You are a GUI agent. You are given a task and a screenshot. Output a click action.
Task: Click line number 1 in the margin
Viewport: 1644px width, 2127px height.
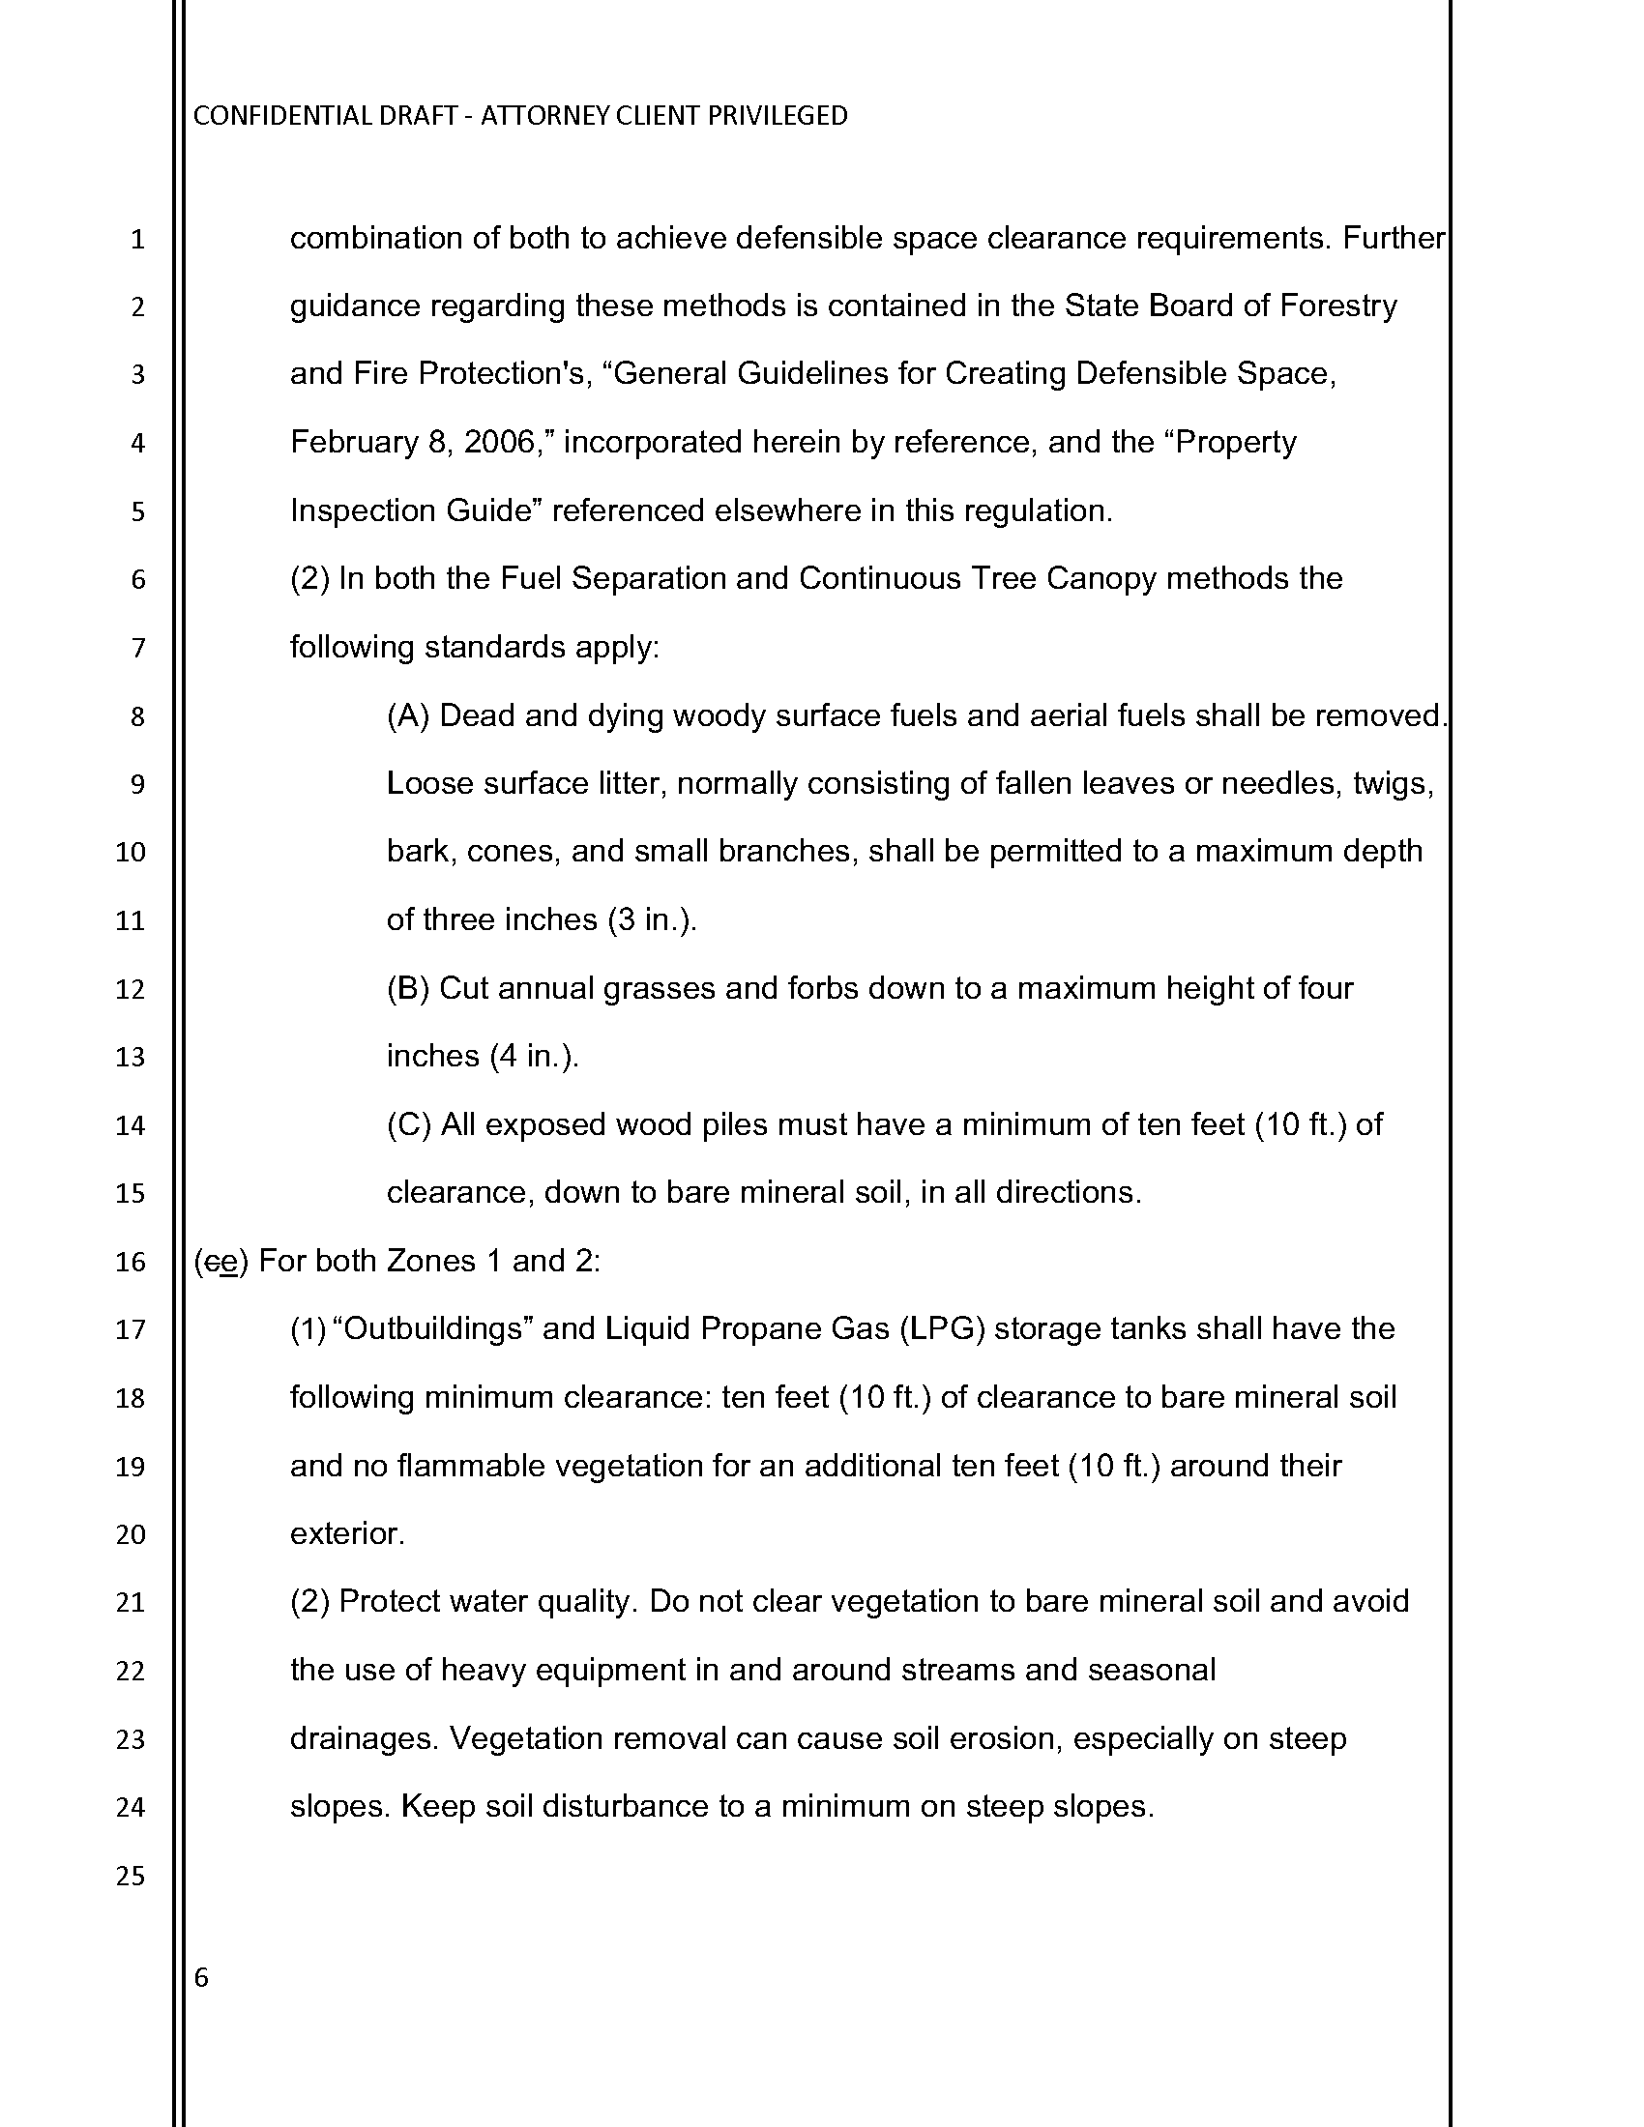point(136,240)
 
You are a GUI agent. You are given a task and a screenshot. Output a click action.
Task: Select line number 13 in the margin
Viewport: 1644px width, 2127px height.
point(131,1058)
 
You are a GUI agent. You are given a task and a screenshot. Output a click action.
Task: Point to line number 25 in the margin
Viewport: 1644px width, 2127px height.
point(131,1876)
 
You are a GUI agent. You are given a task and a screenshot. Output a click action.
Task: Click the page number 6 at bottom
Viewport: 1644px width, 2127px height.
point(201,1977)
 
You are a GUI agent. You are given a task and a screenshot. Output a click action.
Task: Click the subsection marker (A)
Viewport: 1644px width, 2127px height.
point(408,716)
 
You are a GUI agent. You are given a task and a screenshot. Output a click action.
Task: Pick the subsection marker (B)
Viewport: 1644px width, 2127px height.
point(408,989)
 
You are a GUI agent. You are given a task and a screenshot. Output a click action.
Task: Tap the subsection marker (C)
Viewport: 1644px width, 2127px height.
point(409,1125)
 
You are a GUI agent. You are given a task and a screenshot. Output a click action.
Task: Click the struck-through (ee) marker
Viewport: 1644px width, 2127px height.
point(222,1262)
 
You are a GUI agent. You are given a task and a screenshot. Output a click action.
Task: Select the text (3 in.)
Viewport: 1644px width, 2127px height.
point(652,921)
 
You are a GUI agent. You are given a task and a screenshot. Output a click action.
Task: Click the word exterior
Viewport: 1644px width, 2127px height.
point(347,1535)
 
